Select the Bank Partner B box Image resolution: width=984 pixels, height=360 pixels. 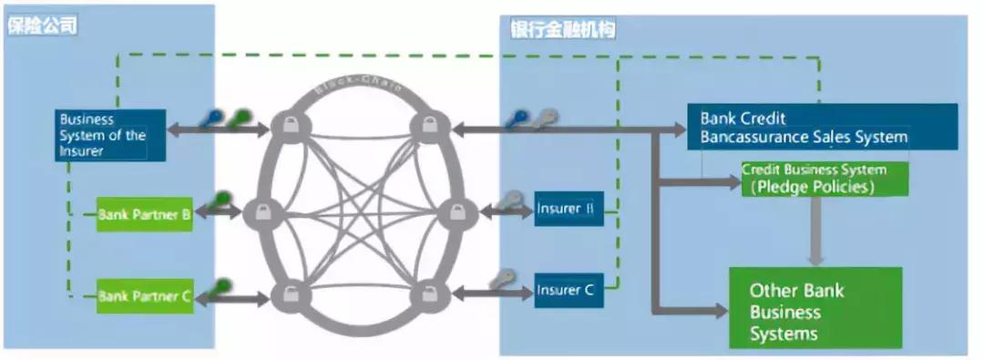[145, 215]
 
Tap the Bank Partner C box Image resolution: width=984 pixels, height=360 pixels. [145, 295]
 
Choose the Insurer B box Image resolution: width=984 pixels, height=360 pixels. [569, 210]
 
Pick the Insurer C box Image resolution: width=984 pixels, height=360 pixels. [569, 290]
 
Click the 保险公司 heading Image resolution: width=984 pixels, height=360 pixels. [40, 26]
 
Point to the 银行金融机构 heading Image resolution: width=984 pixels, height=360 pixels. [563, 30]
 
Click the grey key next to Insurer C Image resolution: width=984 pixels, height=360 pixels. [502, 279]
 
